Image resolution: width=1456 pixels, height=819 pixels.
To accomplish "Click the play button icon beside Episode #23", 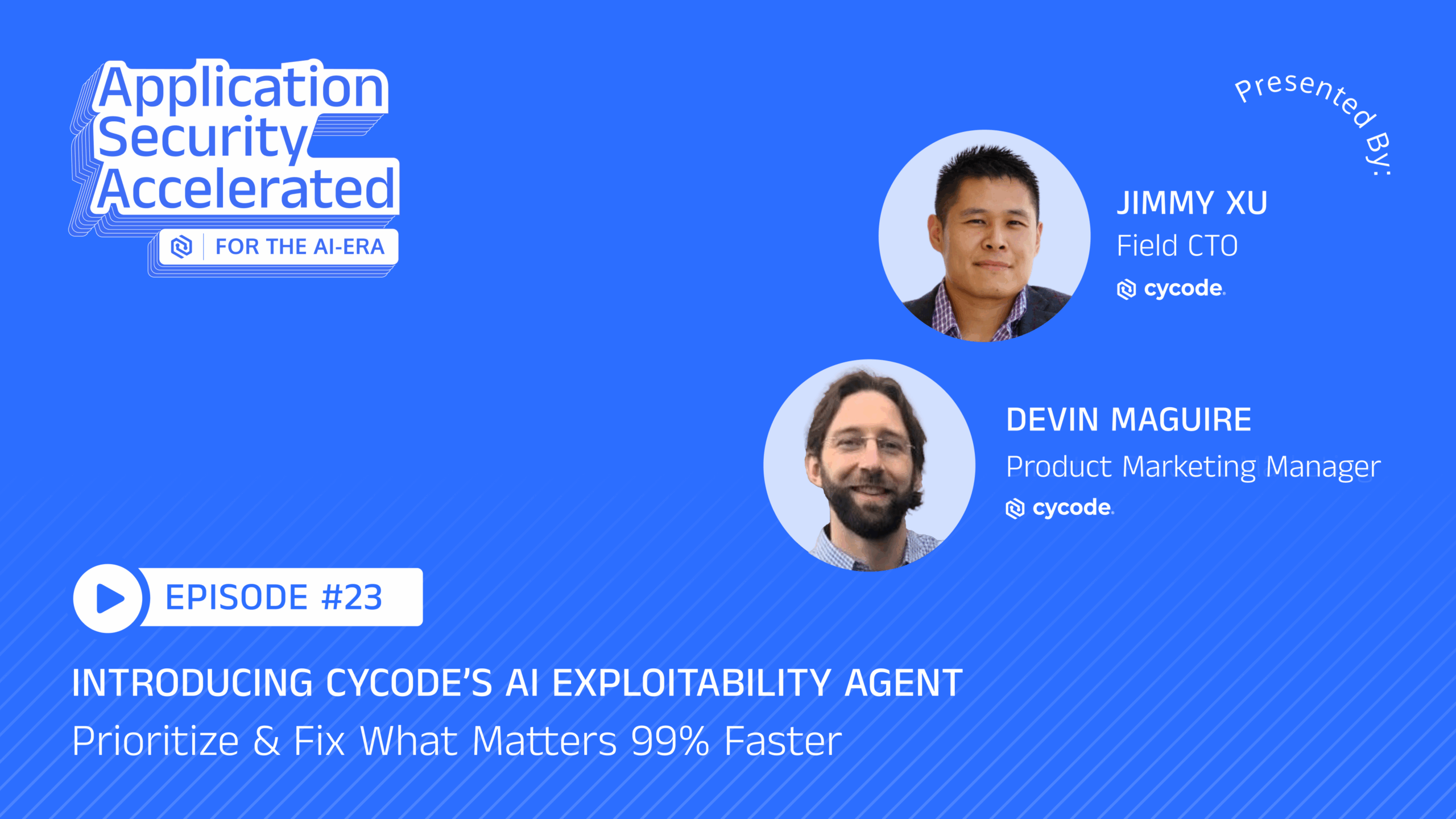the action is [108, 598].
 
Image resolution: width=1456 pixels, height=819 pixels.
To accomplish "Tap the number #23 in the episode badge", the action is [352, 597].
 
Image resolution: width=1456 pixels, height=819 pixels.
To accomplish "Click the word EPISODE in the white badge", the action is [237, 597].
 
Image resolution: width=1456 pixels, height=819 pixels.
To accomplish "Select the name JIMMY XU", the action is [1192, 203].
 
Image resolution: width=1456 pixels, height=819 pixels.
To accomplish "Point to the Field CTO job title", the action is [1177, 246].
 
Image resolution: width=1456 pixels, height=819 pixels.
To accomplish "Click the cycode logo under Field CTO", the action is [1171, 289].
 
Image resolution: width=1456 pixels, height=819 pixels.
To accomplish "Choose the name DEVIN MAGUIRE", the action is [1129, 420].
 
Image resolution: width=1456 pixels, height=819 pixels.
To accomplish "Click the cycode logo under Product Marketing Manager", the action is [1060, 508].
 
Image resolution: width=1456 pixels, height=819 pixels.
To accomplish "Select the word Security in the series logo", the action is [202, 138].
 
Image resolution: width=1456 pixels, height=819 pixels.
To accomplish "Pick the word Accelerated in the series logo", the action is [246, 189].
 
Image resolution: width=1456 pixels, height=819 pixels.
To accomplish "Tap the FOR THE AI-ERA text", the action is [300, 247].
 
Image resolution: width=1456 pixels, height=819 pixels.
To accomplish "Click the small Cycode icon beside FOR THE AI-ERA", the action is [181, 247].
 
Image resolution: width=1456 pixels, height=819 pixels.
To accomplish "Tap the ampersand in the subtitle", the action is [267, 741].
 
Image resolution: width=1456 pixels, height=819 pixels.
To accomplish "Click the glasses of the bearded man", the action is [868, 444].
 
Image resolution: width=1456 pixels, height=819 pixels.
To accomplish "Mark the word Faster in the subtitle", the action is [783, 741].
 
